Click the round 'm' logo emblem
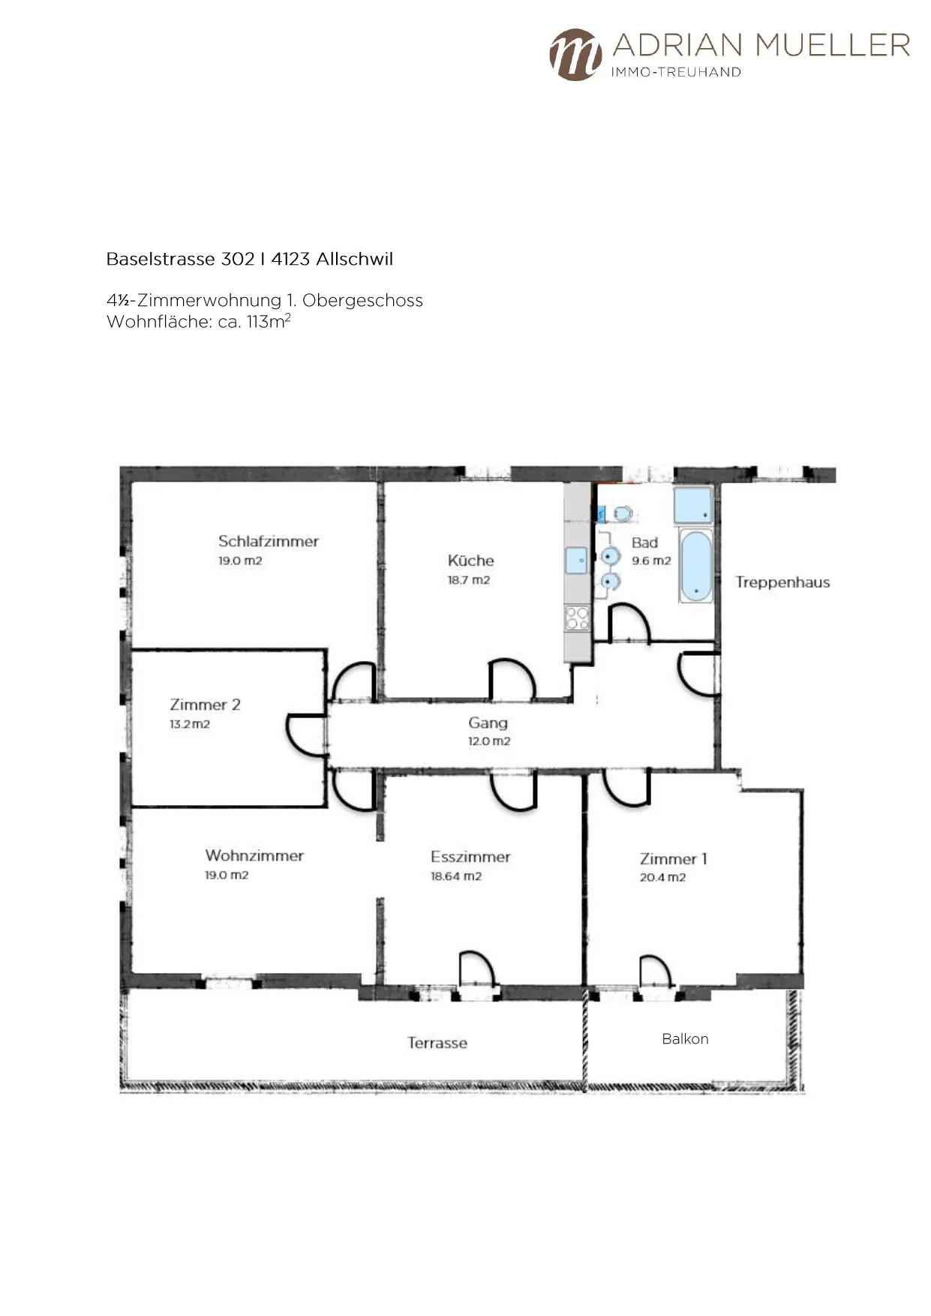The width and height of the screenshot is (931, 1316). coord(575,55)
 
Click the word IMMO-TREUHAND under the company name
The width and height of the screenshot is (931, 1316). coord(676,72)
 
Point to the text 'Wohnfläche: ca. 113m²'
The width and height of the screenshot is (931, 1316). coord(199,321)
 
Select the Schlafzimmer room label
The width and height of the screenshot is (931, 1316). coord(269,541)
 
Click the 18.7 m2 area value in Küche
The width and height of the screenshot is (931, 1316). coord(469,580)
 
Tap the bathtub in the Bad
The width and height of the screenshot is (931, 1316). coord(696,565)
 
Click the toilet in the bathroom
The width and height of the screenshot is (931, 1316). coord(620,514)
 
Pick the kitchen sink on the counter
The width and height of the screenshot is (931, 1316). coord(577,560)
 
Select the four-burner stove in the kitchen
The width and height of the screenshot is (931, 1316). coord(577,618)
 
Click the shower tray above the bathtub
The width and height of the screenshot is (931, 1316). coord(692,505)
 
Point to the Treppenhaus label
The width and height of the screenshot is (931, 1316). coord(782,582)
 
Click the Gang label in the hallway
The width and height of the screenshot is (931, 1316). coord(488,723)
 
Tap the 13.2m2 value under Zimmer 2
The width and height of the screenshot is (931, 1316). coord(190,725)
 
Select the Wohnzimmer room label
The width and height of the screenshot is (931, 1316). coord(254,855)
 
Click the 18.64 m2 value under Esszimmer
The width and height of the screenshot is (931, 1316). coord(456,876)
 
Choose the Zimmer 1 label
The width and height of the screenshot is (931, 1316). coord(674,859)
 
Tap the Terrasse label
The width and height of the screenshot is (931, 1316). coord(437,1043)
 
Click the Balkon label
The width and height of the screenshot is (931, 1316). coord(685,1039)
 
